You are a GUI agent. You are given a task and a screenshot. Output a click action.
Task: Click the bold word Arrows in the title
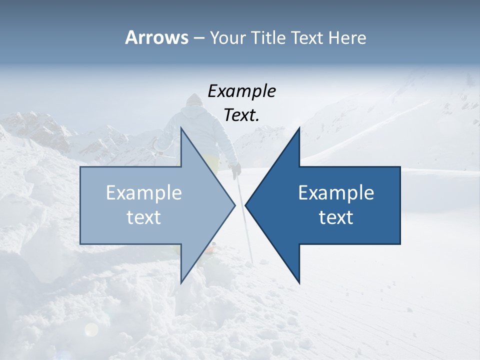point(156,37)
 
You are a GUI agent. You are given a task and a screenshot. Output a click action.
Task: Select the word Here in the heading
point(347,37)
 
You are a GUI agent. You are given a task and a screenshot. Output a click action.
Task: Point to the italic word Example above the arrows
point(241,91)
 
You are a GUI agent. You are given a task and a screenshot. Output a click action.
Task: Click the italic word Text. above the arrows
point(241,115)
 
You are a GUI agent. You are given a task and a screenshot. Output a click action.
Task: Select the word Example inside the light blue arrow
point(144,193)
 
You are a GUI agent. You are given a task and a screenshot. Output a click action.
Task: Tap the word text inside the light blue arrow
point(144,217)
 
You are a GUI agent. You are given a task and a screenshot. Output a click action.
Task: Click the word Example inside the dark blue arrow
point(336,193)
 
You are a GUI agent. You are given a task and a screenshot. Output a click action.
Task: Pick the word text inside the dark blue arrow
point(336,217)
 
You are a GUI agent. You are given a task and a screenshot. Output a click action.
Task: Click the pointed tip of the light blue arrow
point(234,205)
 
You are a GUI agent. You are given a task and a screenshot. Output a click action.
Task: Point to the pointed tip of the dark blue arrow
point(246,205)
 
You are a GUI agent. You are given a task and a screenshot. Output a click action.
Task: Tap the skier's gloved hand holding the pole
point(235,170)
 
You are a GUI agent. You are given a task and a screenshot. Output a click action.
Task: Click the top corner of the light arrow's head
point(181,129)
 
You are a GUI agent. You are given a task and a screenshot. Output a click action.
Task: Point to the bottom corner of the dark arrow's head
point(299,281)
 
